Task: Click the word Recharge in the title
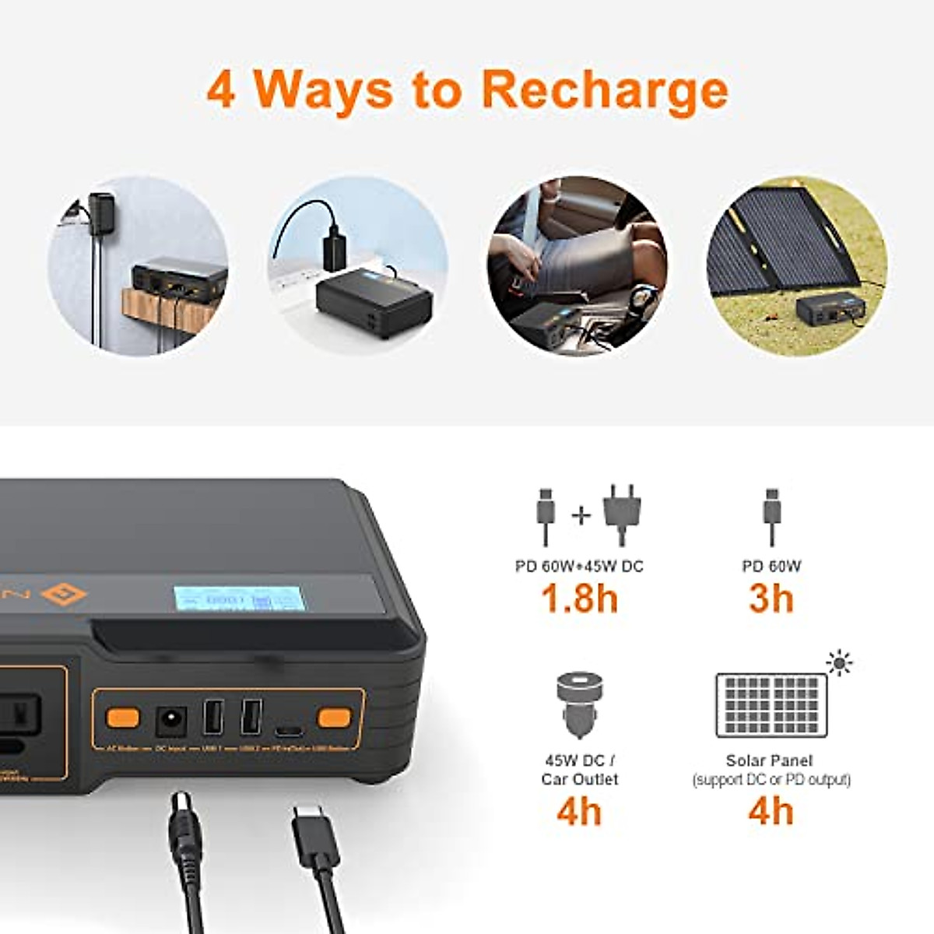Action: (606, 91)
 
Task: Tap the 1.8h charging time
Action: (579, 599)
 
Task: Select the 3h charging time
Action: (771, 599)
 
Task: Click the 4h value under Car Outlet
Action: (579, 811)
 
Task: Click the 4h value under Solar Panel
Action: (771, 811)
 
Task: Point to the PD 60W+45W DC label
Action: (579, 566)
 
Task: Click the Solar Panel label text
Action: (769, 760)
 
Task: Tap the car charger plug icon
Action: (579, 705)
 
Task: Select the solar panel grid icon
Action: (771, 705)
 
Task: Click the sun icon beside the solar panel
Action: (839, 664)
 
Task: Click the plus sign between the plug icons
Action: (581, 515)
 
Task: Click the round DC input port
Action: (170, 720)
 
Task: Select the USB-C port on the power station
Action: (288, 731)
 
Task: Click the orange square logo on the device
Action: (64, 595)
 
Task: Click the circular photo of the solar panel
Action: (795, 265)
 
